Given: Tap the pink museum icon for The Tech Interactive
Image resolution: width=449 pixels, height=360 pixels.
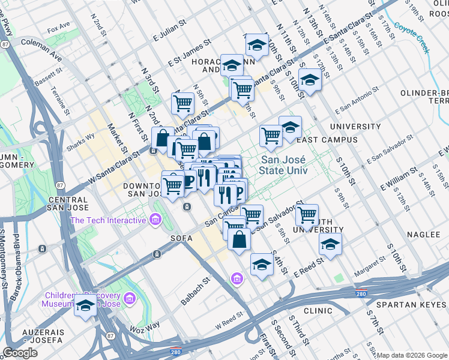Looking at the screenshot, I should (x=156, y=220).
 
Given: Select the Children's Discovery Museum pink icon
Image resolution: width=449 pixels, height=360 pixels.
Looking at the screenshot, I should (x=128, y=298).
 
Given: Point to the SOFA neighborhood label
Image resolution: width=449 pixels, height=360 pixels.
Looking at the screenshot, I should (x=181, y=238).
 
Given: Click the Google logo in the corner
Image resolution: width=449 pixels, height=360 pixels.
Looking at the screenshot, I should (x=20, y=353).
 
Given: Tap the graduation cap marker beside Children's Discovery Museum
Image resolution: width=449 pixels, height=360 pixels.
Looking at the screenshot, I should (x=86, y=307).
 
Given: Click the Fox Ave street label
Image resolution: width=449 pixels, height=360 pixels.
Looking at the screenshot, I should (x=59, y=28).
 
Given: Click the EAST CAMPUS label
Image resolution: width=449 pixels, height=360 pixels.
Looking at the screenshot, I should (x=327, y=140).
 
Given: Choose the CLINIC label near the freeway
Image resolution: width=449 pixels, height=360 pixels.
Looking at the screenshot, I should (x=318, y=311).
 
